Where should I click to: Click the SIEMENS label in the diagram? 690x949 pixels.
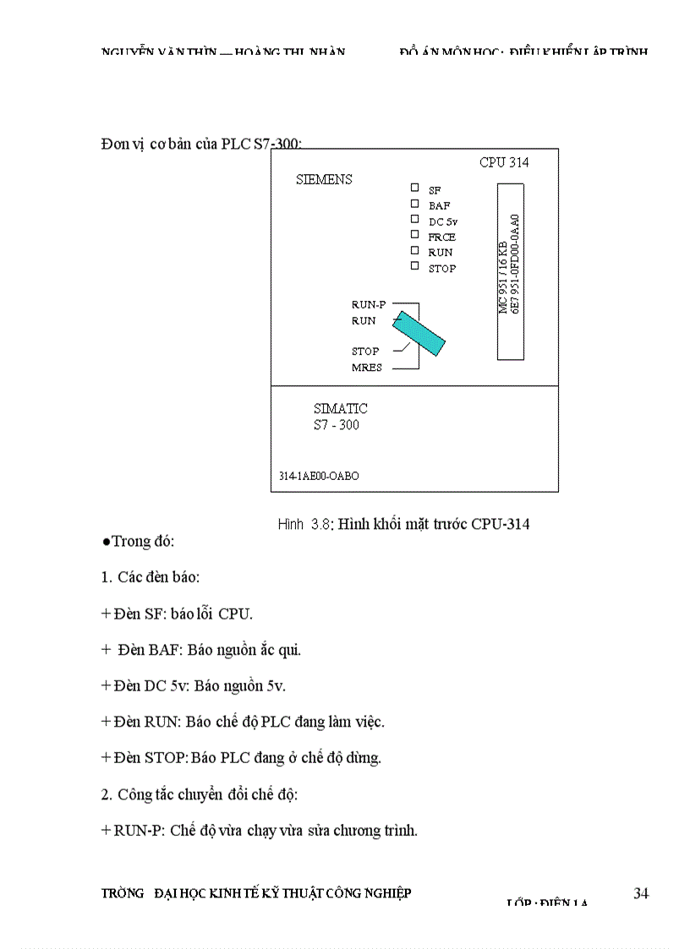click(x=324, y=179)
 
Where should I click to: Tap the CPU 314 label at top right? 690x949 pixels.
click(x=504, y=162)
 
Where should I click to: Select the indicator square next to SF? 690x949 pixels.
click(x=414, y=188)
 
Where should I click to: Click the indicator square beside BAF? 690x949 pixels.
click(x=414, y=203)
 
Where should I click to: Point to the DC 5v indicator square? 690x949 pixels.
click(x=414, y=219)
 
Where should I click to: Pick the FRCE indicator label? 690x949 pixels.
click(x=441, y=237)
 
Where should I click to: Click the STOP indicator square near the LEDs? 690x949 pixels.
click(x=414, y=266)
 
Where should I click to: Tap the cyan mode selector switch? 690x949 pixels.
click(x=420, y=333)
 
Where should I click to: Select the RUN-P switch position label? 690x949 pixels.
click(x=369, y=304)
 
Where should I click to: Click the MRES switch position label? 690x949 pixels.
click(x=367, y=368)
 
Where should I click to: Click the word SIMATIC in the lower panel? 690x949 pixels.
click(x=340, y=408)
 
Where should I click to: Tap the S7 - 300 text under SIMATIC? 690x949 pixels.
click(x=336, y=425)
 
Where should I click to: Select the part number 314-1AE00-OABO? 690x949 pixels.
click(x=319, y=476)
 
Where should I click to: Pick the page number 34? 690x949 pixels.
click(x=640, y=893)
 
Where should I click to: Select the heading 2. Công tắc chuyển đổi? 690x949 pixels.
click(x=199, y=794)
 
